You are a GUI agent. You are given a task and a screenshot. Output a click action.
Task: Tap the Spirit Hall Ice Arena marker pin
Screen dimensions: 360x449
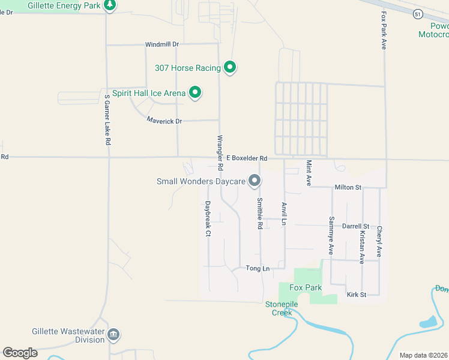(194, 92)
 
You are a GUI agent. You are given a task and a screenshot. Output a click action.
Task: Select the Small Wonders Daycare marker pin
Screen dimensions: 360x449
(255, 180)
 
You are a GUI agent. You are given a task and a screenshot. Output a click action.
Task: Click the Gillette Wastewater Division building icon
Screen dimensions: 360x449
(113, 334)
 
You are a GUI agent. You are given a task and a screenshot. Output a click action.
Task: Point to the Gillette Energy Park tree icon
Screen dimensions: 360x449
(109, 5)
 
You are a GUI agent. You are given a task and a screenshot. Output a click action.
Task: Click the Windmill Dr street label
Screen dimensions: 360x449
(162, 44)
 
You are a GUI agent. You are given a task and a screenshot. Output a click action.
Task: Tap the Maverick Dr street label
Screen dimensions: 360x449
(164, 121)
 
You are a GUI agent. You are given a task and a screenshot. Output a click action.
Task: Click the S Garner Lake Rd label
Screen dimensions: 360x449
(107, 120)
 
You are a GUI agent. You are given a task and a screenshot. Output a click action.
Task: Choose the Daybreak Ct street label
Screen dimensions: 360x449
(207, 218)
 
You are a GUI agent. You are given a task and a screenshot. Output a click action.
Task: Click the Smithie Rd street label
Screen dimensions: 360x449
(260, 214)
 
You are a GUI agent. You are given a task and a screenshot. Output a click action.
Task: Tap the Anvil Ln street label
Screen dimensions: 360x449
(284, 214)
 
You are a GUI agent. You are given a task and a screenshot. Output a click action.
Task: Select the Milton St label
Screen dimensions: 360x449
(348, 187)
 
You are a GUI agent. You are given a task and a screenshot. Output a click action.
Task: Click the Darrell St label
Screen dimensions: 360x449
(355, 226)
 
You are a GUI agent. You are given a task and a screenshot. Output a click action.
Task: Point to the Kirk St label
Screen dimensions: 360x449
(356, 295)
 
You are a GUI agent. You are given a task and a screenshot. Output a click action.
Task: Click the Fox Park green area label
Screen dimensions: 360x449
(306, 287)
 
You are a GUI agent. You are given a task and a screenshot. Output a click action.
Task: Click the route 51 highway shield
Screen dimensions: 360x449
(418, 14)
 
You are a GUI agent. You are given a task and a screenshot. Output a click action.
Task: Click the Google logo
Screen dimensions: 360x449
(20, 353)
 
